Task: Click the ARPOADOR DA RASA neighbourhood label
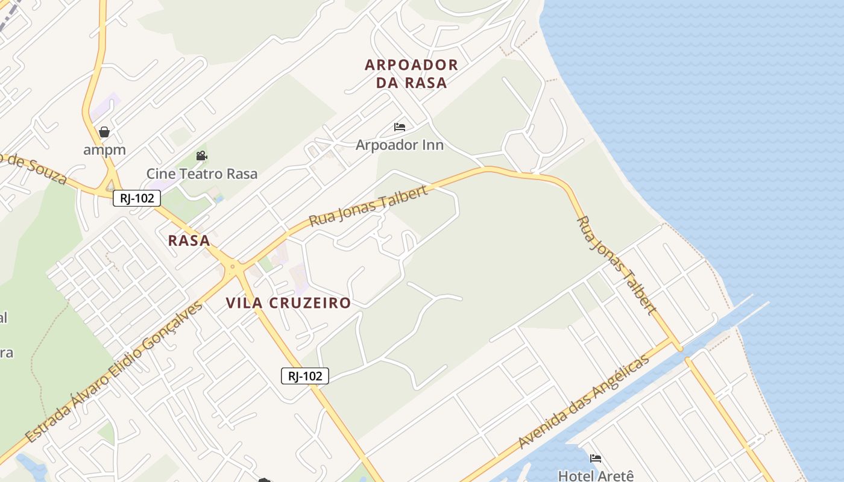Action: (411, 74)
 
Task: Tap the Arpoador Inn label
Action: (399, 145)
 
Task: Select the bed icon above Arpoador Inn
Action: (399, 127)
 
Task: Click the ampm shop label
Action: (104, 149)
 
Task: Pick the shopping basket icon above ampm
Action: (104, 132)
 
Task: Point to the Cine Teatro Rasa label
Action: (201, 174)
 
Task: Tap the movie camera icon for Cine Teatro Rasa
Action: (201, 156)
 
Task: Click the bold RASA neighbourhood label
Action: (189, 240)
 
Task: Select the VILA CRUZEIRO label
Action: (288, 302)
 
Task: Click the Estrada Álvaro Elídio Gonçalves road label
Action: (115, 372)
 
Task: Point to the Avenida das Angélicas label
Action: (584, 401)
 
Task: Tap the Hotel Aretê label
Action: (596, 475)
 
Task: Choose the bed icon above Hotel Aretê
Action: (596, 459)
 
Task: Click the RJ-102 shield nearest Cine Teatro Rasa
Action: (137, 198)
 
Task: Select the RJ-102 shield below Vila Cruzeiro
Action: (305, 376)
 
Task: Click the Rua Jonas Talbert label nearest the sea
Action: (616, 265)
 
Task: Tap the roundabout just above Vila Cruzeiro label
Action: (232, 266)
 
